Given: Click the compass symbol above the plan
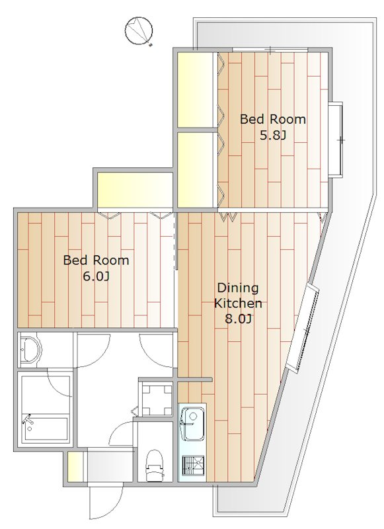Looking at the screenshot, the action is [139, 30].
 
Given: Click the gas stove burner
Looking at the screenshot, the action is [193, 466].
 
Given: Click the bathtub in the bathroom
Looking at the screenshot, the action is [46, 429].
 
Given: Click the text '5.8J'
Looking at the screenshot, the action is [272, 136].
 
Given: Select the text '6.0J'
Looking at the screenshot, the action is [96, 276].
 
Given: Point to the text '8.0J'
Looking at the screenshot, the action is [238, 319].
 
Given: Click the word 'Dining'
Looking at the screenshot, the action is [238, 288].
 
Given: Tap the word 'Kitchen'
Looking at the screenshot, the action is [238, 303].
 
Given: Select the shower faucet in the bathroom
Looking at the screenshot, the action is [28, 420].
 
